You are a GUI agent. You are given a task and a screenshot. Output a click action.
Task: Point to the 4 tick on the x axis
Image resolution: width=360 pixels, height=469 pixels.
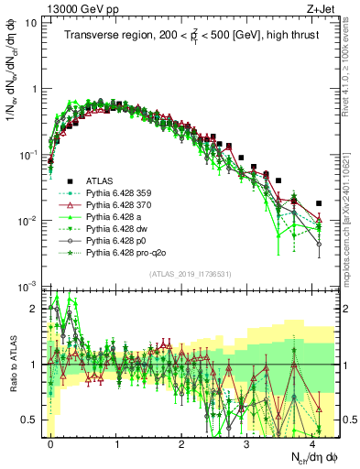(312, 440)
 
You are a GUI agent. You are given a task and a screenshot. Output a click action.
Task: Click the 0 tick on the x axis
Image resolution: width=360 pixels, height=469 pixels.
(50, 440)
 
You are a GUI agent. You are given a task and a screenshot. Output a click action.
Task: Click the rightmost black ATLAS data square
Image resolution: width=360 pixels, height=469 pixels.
(319, 203)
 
